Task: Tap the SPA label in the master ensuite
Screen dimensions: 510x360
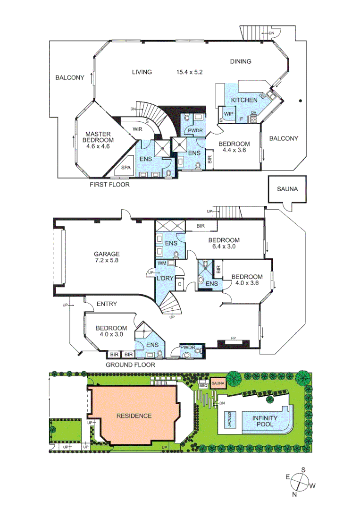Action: [126, 168]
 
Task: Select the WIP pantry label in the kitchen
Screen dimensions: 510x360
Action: [229, 114]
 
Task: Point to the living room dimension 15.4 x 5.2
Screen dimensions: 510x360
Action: [190, 72]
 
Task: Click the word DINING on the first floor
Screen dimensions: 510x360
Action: [240, 61]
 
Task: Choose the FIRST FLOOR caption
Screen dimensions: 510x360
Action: [109, 185]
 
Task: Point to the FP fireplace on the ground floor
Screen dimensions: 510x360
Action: [233, 339]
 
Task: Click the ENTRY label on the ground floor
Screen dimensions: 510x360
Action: [106, 304]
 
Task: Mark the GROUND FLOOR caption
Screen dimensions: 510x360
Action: [130, 365]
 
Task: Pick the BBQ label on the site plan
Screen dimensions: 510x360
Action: [204, 385]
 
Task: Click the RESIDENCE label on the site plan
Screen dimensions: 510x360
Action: [134, 416]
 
